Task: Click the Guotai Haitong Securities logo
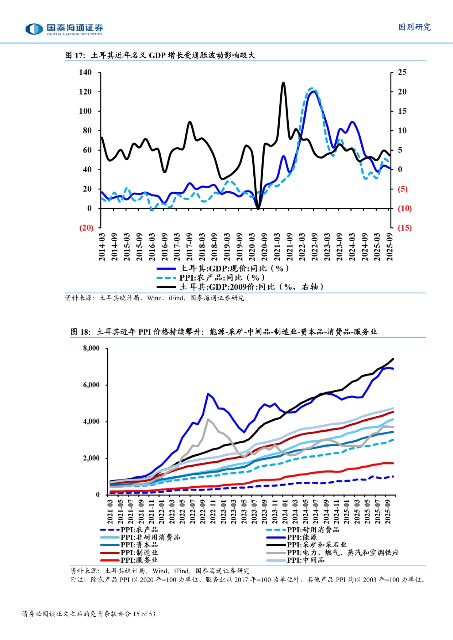[64, 29]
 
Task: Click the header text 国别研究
[414, 27]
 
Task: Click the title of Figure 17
[160, 55]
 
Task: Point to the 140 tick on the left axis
[85, 72]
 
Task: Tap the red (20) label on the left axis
[87, 228]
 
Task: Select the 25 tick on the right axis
[402, 72]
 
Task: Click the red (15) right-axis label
[404, 228]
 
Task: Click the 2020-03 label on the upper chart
[252, 247]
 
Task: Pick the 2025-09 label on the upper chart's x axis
[389, 247]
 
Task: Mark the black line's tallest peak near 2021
[283, 83]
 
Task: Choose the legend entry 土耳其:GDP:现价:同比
[223, 269]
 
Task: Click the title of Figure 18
[223, 332]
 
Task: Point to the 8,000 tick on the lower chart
[91, 348]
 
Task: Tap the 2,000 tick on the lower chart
[91, 458]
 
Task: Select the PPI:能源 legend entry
[292, 537]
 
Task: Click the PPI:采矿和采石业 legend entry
[307, 545]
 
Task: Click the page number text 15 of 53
[144, 614]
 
